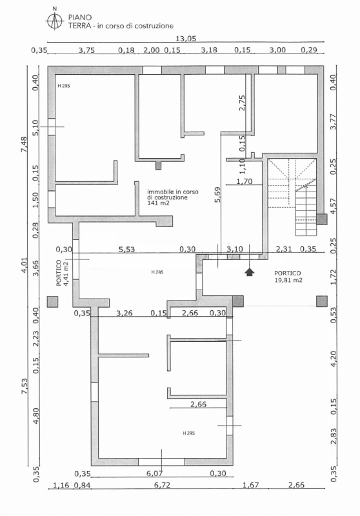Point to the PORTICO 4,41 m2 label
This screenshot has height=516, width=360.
(61, 273)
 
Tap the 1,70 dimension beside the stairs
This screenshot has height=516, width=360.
(244, 182)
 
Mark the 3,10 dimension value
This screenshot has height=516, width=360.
(235, 249)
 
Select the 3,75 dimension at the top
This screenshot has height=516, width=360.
(87, 50)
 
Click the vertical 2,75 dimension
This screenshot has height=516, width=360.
(242, 104)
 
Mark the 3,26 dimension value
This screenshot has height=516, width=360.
(125, 313)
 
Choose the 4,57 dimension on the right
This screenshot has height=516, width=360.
(334, 206)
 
